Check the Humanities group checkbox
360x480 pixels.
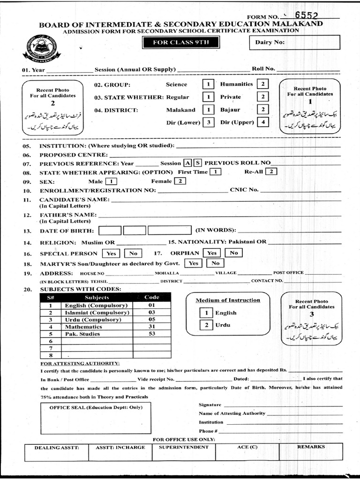pyautogui.click(x=263, y=84)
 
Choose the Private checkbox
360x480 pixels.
pyautogui.click(x=263, y=97)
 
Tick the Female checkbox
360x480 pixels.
pyautogui.click(x=180, y=181)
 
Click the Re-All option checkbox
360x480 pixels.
pyautogui.click(x=271, y=172)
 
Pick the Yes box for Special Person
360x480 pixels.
pyautogui.click(x=112, y=253)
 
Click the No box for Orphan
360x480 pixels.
pyautogui.click(x=233, y=253)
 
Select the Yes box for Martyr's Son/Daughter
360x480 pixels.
pyautogui.click(x=193, y=263)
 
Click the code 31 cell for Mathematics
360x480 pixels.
pyautogui.click(x=152, y=327)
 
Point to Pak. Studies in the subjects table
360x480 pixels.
pyautogui.click(x=82, y=334)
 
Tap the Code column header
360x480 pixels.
pyautogui.click(x=152, y=297)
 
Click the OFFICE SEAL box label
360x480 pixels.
pyautogui.click(x=96, y=407)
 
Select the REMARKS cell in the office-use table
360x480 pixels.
pyautogui.click(x=310, y=447)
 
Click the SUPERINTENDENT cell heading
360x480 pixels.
pyautogui.click(x=184, y=447)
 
